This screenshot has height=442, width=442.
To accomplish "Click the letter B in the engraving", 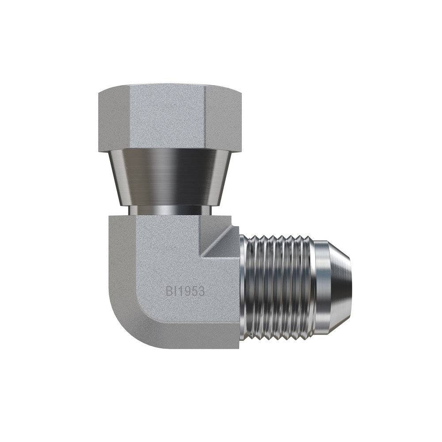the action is tap(169, 291).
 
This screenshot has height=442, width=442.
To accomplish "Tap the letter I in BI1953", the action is tap(175, 291).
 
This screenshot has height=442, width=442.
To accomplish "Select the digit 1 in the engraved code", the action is tap(179, 291).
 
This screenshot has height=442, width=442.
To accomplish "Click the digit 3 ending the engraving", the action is tap(200, 291).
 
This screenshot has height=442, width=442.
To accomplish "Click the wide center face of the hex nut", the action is tap(168, 118).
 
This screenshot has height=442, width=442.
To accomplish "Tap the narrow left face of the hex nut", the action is tap(114, 120).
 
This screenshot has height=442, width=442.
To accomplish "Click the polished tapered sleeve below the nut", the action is tap(170, 178).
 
